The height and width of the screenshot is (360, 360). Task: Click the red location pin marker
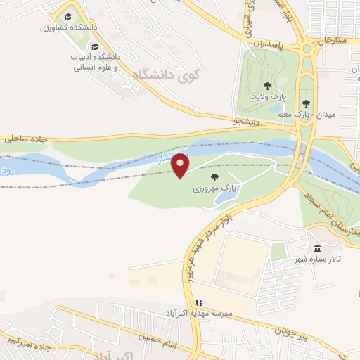coord(181,165)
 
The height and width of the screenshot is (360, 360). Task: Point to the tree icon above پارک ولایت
coord(266,84)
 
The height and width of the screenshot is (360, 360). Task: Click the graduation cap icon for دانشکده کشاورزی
coord(67,16)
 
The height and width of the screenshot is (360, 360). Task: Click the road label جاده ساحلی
coord(24,139)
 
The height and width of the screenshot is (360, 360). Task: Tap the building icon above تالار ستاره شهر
coord(316,248)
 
